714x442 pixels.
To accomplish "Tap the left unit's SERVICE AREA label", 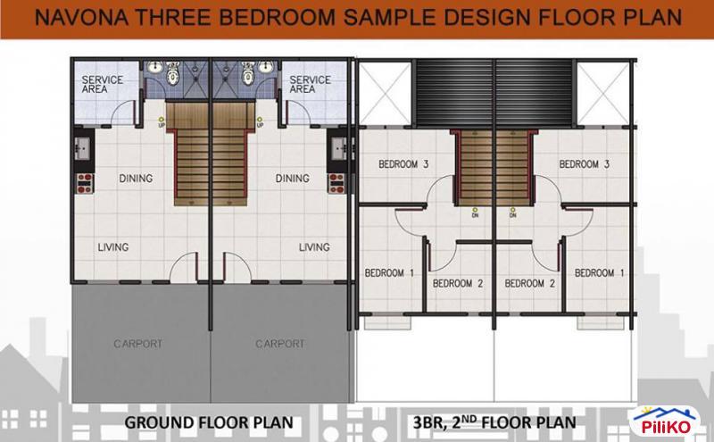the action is tap(102, 85).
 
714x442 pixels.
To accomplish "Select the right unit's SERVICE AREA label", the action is tap(310, 85).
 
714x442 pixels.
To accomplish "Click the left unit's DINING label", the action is tap(136, 179).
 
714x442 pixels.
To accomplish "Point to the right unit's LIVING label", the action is tap(314, 247).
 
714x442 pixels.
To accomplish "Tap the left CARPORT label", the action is tap(138, 344).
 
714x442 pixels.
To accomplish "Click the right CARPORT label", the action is tap(280, 344).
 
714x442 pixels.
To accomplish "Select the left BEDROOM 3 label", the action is tap(403, 164).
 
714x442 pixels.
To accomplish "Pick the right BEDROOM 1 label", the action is tap(599, 273).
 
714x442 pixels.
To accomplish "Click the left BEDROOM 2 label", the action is tap(458, 283).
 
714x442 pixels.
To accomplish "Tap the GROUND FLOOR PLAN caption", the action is tap(209, 422).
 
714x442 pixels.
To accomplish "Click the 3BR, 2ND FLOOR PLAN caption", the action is tap(494, 422).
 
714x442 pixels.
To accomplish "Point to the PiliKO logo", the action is tap(666, 422).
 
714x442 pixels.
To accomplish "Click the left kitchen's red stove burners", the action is tap(85, 183).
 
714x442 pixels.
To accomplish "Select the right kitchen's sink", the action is tap(338, 149).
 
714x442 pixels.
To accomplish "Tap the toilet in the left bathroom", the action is tap(172, 74).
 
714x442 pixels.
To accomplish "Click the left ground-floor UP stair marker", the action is tap(162, 122).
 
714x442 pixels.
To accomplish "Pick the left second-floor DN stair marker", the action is tap(475, 213).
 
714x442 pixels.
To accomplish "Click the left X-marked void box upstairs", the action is tap(386, 93).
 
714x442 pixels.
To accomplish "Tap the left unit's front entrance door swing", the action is tap(184, 268).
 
